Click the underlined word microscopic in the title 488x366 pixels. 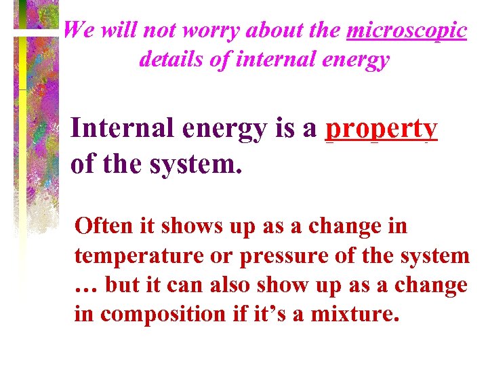(x=406, y=30)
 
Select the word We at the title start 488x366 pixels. (x=78, y=30)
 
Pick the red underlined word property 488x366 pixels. (x=382, y=129)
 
